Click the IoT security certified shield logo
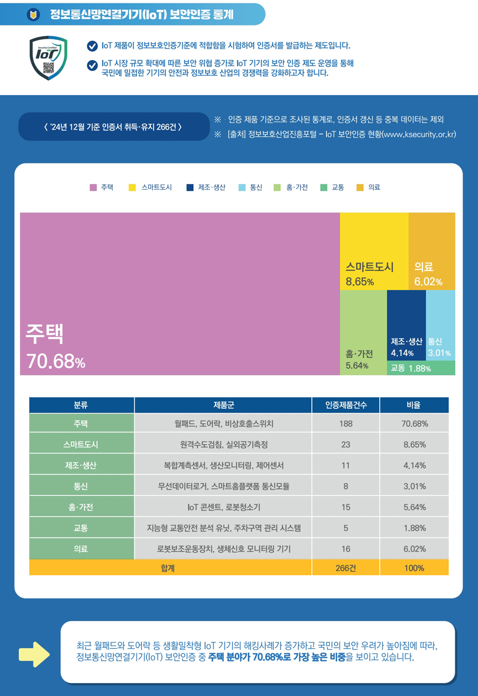[x=48, y=58]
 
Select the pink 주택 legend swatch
[x=93, y=187]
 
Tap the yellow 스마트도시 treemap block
[x=374, y=250]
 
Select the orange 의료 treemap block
[x=432, y=250]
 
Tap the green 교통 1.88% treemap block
[x=421, y=368]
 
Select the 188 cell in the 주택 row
[x=346, y=423]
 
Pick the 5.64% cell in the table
[x=414, y=507]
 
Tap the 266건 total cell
[x=346, y=568]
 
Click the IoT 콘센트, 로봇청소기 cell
[x=223, y=507]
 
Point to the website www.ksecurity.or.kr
[x=422, y=134]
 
